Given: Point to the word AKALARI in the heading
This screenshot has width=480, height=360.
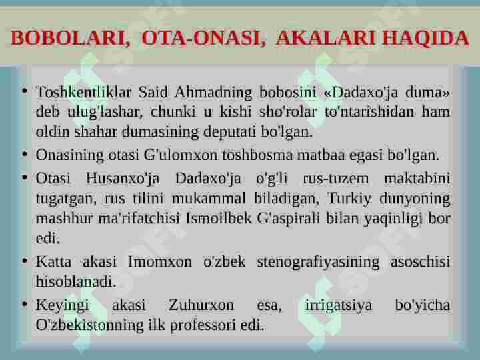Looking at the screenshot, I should pyautogui.click(x=326, y=38).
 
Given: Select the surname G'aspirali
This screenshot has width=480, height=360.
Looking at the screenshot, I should pyautogui.click(x=290, y=218).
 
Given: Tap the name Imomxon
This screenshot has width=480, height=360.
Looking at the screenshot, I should pyautogui.click(x=161, y=262).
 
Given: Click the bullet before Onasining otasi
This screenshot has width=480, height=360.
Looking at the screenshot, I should pyautogui.click(x=25, y=155).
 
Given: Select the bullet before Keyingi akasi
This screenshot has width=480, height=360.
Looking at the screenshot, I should pyautogui.click(x=25, y=305).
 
